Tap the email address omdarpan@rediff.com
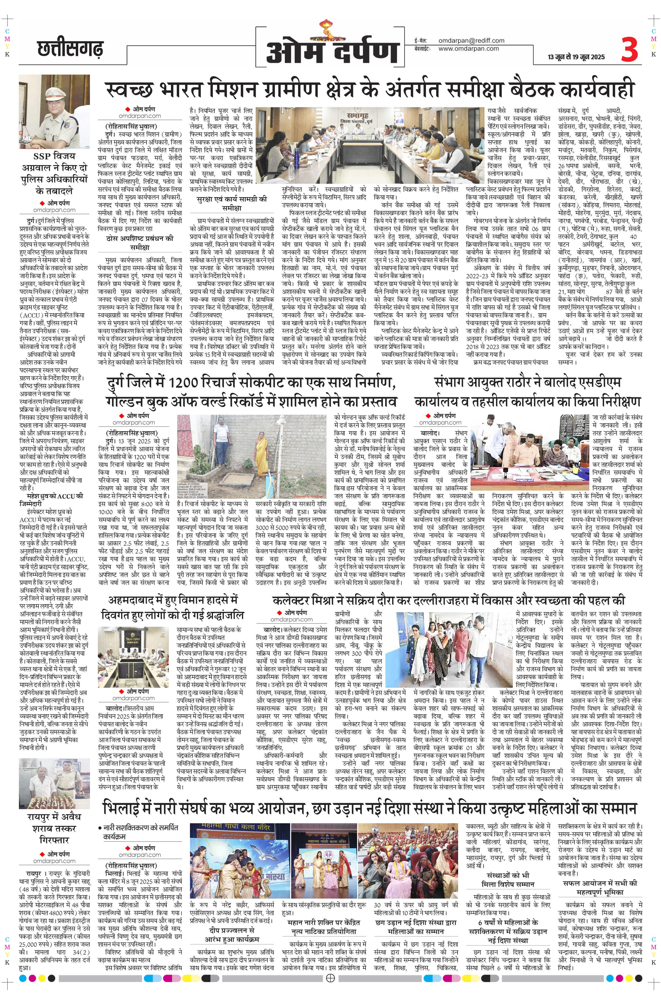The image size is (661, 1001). [x=471, y=41]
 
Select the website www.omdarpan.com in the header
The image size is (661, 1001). [x=468, y=48]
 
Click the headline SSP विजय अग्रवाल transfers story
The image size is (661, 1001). [x=53, y=174]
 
